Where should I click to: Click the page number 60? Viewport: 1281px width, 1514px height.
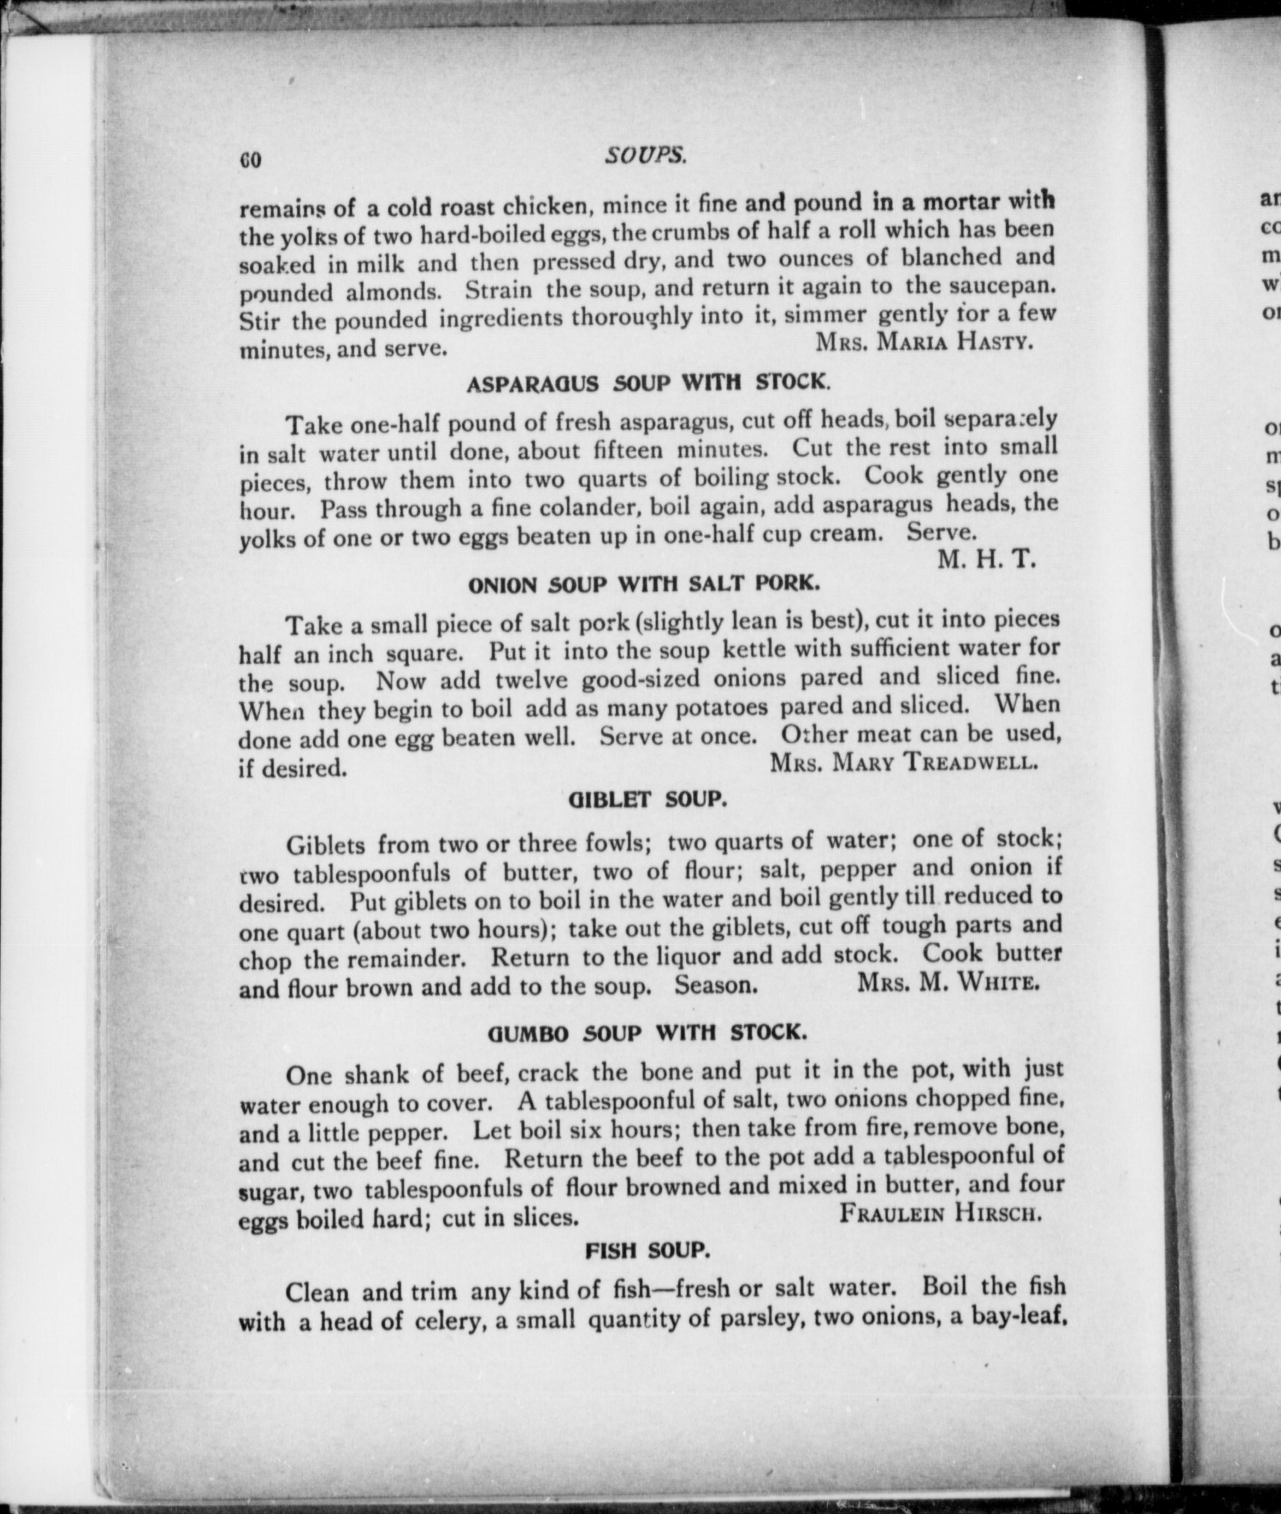pos(250,160)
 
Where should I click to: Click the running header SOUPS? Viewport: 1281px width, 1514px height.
pos(646,155)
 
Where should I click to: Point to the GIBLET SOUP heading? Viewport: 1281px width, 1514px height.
pos(647,800)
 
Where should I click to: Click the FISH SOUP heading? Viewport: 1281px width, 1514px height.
pos(647,1251)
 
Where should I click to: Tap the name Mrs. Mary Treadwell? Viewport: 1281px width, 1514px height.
pos(903,761)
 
